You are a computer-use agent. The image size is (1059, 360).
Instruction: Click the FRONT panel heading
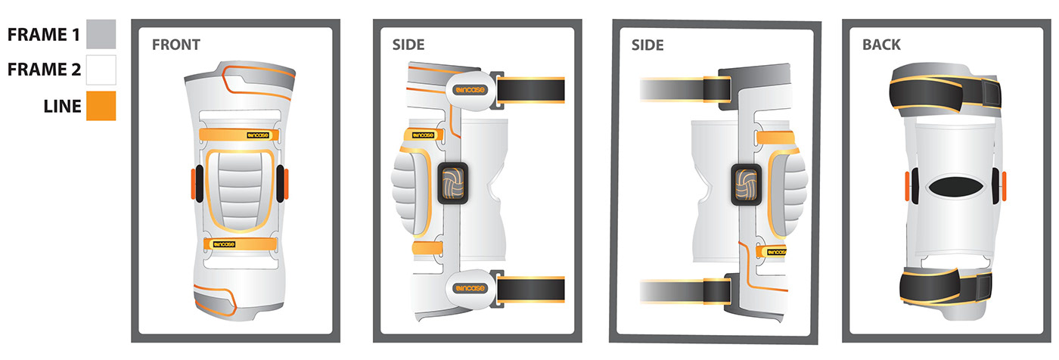175,45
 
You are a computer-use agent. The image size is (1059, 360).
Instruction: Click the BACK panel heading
881,45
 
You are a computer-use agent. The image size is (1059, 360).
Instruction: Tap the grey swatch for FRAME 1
101,34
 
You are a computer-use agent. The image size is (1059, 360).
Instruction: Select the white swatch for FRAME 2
101,70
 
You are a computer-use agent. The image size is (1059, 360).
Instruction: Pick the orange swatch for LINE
101,105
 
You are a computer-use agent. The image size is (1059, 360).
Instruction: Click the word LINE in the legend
62,106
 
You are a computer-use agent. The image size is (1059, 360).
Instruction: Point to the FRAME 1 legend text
42,35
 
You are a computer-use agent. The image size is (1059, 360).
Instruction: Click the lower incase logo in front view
224,244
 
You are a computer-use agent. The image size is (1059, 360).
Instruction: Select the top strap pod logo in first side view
469,89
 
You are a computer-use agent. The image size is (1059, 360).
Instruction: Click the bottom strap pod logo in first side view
469,287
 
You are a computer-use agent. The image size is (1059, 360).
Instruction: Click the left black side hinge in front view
199,184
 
